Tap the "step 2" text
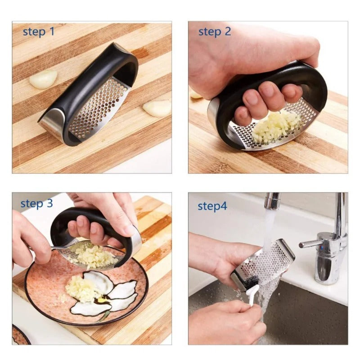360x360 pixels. click(x=215, y=31)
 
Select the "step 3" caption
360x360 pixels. click(x=36, y=203)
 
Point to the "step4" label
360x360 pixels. click(x=212, y=206)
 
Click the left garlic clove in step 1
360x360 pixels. click(x=43, y=79)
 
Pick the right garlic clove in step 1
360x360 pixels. click(x=157, y=108)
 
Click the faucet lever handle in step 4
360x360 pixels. click(x=310, y=243)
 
